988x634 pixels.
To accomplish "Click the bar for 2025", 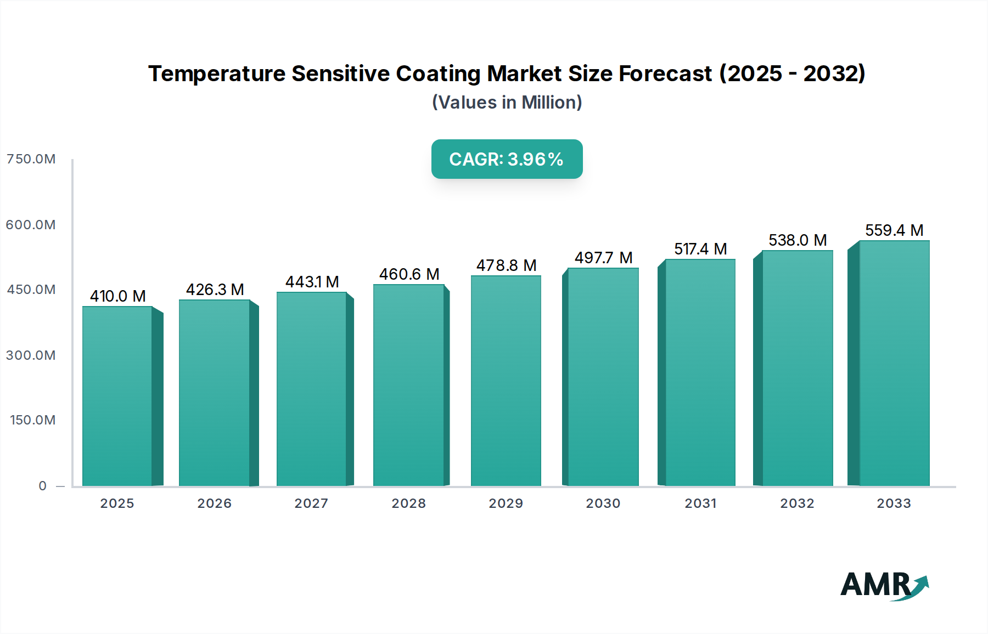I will coord(117,396).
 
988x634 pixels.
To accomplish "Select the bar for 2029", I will coord(506,381).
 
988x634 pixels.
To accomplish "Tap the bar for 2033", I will coord(894,363).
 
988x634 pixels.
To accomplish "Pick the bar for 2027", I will coord(311,389).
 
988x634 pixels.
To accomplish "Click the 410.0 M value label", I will coord(117,296).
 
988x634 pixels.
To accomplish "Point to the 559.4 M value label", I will coord(894,230).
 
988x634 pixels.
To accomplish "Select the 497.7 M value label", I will coord(603,258).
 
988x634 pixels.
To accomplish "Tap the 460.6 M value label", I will coord(409,274).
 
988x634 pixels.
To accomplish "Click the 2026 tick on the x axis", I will coord(214,503).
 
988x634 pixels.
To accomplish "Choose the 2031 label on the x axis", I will coord(700,503).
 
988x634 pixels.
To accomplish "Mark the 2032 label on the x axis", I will coord(797,503).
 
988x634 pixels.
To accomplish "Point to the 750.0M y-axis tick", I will coord(31,159).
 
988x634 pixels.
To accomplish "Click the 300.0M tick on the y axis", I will coord(31,355).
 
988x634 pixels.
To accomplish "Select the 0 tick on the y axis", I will coord(42,486).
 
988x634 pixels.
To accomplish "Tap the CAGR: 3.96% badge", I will coord(507,159).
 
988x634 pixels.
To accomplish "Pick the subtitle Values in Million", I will coord(507,103).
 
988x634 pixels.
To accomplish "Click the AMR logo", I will coord(884,585).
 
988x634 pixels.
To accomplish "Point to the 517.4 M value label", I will coord(700,249).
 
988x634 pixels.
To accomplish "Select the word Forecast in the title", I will coord(665,73).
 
